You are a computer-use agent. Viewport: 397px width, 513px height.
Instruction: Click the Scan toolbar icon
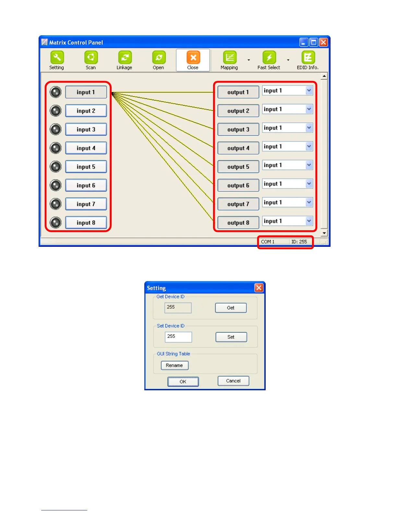coord(91,58)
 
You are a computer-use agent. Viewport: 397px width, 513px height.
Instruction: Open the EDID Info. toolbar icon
coord(308,58)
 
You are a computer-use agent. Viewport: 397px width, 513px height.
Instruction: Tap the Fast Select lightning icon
coord(269,58)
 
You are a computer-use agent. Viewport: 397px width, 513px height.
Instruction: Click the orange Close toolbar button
coord(193,58)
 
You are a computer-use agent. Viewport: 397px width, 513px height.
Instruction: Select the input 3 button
coord(86,130)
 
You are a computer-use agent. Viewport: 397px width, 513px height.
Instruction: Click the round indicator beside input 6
coord(56,186)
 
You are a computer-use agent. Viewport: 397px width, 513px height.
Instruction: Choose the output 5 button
coord(238,167)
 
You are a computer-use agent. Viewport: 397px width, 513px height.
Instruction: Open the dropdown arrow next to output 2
coord(309,109)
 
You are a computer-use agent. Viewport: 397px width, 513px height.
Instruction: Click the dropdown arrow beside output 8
coord(309,221)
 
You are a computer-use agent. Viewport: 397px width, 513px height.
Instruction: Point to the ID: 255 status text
coord(299,242)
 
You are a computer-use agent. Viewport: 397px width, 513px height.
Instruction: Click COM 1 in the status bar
coord(268,242)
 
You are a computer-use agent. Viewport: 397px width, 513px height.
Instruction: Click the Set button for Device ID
coord(231,337)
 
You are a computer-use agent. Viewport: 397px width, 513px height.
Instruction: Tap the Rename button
coord(174,365)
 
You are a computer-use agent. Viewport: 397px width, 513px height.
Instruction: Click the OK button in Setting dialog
coord(183,382)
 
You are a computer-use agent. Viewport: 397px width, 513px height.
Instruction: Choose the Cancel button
coord(233,381)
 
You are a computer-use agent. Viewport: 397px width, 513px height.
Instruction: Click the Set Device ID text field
coord(178,337)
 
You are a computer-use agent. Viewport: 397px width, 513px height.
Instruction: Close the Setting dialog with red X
coord(259,288)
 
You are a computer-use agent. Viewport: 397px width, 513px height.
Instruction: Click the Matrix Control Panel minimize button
coord(304,42)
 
